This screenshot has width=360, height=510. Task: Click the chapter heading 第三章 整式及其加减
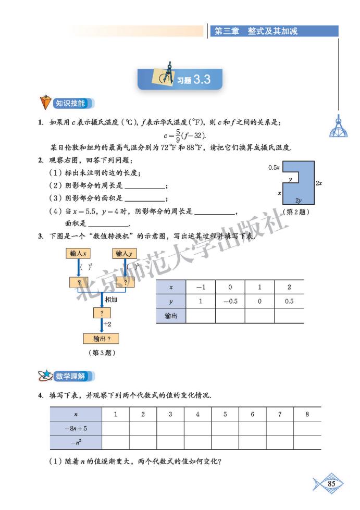(x=256, y=31)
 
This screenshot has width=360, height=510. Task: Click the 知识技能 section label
(x=70, y=103)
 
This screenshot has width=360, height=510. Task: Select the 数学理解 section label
(x=70, y=376)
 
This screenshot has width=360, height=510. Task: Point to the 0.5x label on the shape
(x=274, y=168)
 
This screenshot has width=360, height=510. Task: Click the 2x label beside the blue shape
(x=318, y=183)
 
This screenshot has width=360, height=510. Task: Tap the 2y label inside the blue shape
(x=298, y=200)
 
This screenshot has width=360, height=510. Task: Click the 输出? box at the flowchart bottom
(x=102, y=339)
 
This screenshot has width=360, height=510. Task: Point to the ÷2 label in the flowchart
(x=108, y=324)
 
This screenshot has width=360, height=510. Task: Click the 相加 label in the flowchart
(x=110, y=300)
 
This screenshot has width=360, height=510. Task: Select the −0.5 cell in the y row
(x=230, y=302)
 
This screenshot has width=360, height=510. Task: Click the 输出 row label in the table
(x=171, y=316)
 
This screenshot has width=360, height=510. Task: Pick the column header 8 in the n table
(x=307, y=414)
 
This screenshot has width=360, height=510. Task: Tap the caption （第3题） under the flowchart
(x=102, y=353)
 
